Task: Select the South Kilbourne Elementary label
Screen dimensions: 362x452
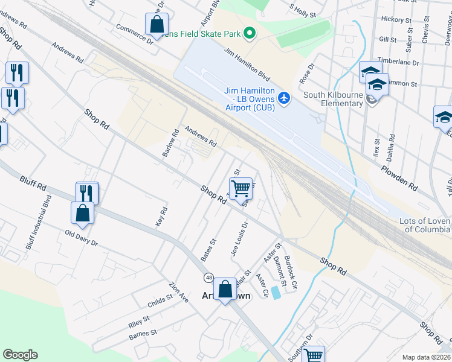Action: (332, 100)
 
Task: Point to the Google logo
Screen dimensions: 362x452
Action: (20, 355)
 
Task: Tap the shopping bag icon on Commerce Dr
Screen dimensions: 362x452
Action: (157, 25)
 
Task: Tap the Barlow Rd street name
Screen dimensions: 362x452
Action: (170, 143)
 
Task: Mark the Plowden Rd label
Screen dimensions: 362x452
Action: (399, 177)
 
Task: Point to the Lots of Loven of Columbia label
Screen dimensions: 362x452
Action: (425, 225)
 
